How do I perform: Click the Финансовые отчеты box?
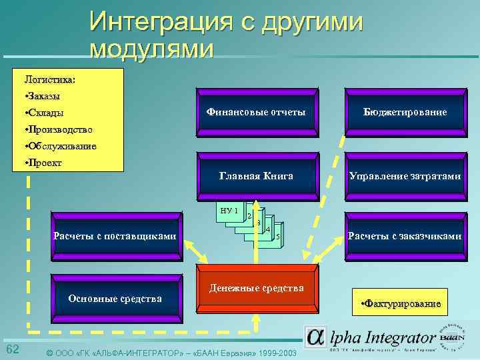pos(256,113)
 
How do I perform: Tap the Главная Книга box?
pos(256,176)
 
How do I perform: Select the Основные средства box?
pos(115,298)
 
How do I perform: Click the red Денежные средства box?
pos(257,288)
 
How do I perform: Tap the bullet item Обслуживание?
pos(60,146)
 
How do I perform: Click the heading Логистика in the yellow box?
pos(49,79)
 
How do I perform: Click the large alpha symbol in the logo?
pos(316,337)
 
